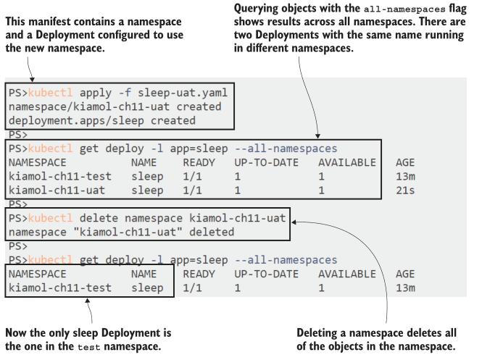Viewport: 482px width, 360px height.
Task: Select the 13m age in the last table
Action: click(x=404, y=288)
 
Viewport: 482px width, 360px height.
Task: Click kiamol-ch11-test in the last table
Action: click(x=59, y=288)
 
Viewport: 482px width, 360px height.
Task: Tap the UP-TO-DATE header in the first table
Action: click(x=266, y=162)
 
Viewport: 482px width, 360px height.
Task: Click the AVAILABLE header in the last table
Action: click(x=346, y=274)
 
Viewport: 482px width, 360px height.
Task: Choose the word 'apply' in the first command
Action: click(x=96, y=93)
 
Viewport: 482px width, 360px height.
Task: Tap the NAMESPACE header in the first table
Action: click(x=37, y=162)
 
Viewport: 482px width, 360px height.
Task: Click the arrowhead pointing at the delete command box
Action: click(x=297, y=222)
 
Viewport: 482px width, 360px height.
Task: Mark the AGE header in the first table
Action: click(x=405, y=162)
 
